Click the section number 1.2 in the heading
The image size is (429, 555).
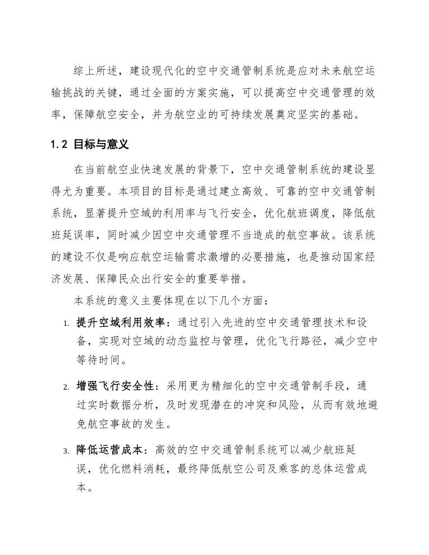tap(58, 144)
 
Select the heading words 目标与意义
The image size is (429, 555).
tap(102, 144)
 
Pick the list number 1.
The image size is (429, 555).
tap(65, 323)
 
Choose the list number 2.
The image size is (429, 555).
tap(65, 387)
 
